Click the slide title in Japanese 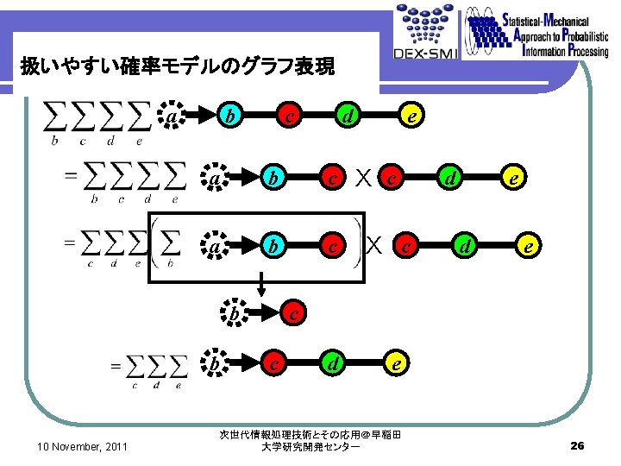pyautogui.click(x=177, y=66)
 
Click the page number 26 pyautogui.click(x=578, y=445)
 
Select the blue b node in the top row pyautogui.click(x=229, y=115)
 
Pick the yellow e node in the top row pyautogui.click(x=413, y=115)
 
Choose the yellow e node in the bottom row pyautogui.click(x=395, y=365)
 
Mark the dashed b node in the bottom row pyautogui.click(x=214, y=365)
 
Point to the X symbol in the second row pyautogui.click(x=365, y=179)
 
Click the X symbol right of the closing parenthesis pyautogui.click(x=374, y=245)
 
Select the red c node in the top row pyautogui.click(x=292, y=115)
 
